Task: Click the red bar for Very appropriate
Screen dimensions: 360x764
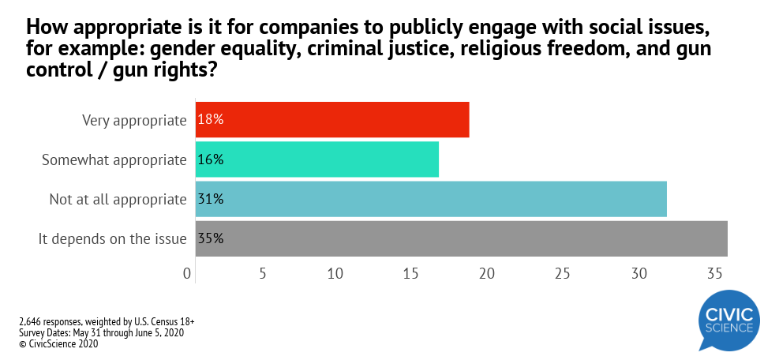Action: click(x=332, y=120)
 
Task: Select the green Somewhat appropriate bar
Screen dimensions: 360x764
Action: click(x=316, y=159)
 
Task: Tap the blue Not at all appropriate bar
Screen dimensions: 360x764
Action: click(x=431, y=199)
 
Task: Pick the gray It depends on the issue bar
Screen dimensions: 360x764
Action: click(x=461, y=238)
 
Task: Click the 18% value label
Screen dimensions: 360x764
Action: click(x=211, y=120)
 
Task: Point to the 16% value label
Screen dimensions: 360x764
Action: click(x=211, y=159)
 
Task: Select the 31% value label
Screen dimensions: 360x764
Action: click(x=211, y=199)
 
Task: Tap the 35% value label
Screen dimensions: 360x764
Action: click(x=211, y=238)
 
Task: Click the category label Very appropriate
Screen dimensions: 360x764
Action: click(x=134, y=120)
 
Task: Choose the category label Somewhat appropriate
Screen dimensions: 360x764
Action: click(x=114, y=159)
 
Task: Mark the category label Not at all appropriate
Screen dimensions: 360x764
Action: click(x=118, y=199)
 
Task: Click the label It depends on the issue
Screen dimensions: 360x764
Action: click(x=112, y=238)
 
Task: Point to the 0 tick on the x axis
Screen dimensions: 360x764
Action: click(x=188, y=274)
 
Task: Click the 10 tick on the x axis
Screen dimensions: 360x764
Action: click(x=335, y=274)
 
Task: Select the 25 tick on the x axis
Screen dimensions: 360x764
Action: click(x=562, y=274)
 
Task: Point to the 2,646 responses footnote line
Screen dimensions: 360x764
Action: click(x=107, y=322)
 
